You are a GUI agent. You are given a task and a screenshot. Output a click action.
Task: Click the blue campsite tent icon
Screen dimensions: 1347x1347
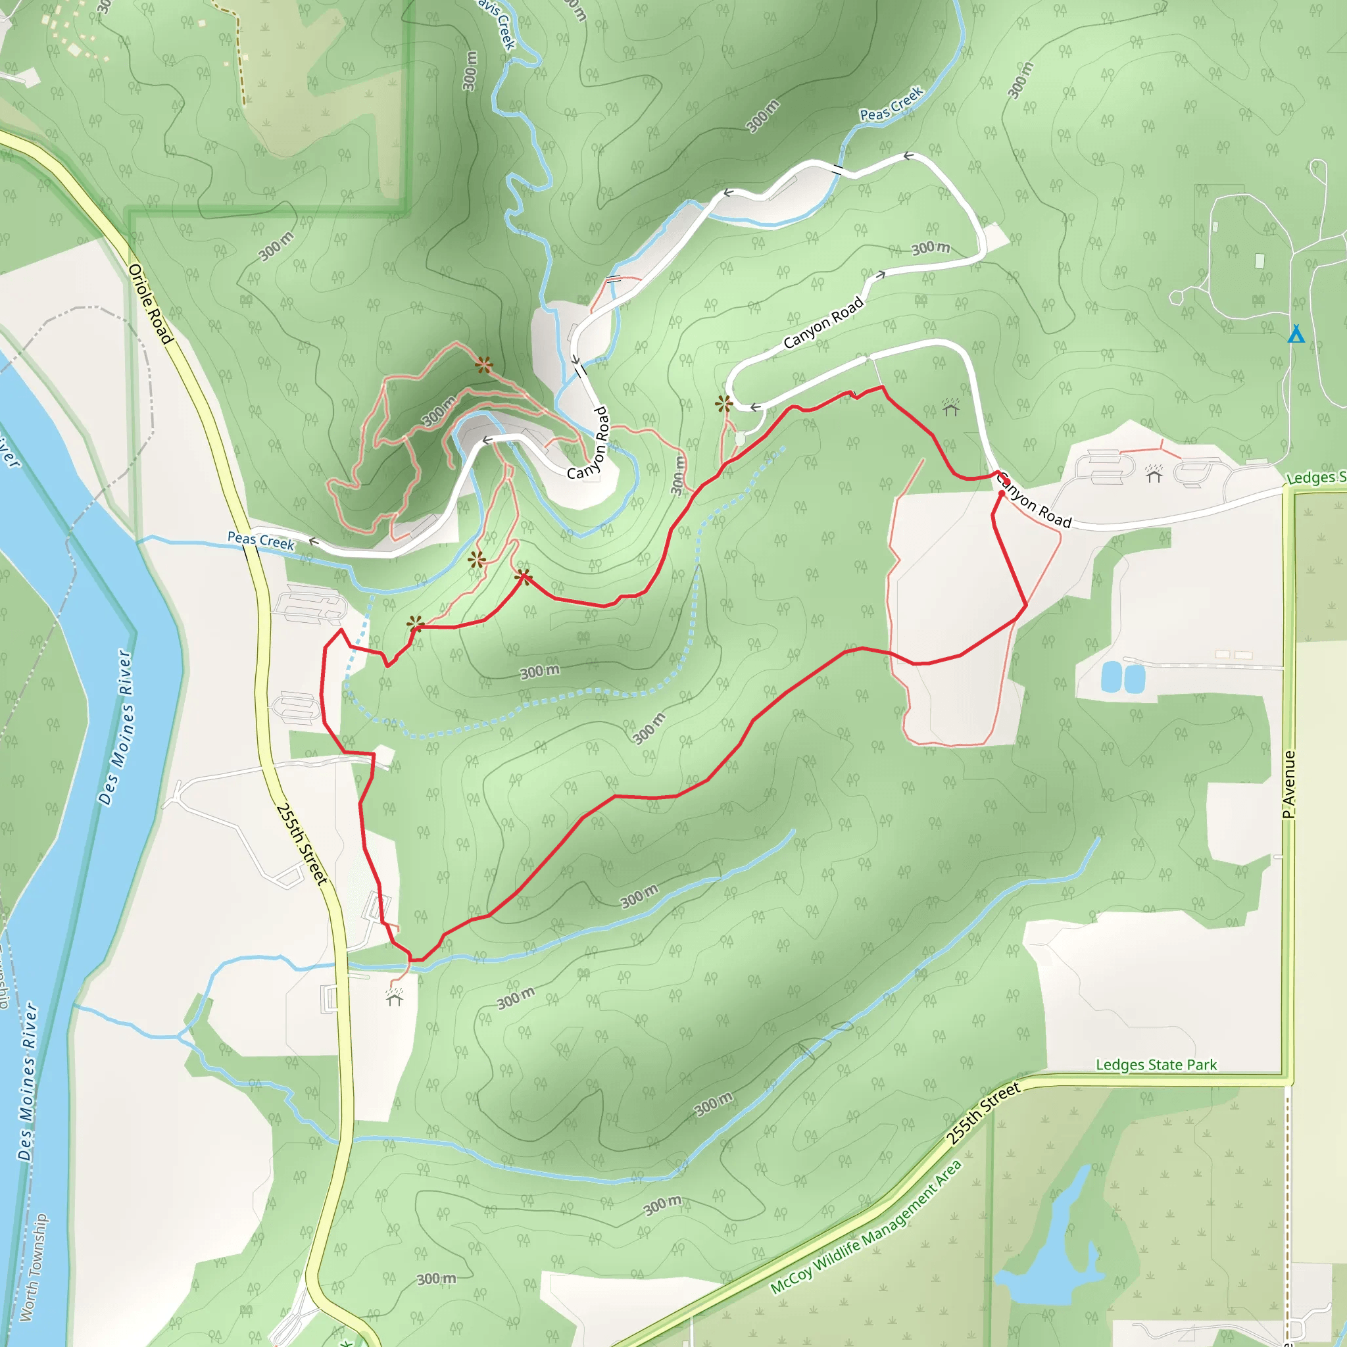[1296, 334]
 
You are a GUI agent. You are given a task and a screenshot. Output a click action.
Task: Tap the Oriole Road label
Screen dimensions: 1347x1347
[150, 303]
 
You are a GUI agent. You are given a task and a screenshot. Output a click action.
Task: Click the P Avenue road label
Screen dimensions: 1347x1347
[1289, 785]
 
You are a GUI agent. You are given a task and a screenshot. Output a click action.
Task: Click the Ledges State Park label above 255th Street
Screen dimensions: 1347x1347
[1156, 1065]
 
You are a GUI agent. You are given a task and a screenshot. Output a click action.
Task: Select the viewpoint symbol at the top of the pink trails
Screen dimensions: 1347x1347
[484, 364]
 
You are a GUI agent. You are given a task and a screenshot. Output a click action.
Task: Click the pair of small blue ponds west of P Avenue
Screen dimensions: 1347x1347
[1123, 677]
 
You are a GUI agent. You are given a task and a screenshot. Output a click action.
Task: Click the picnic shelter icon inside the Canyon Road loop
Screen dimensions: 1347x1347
[950, 407]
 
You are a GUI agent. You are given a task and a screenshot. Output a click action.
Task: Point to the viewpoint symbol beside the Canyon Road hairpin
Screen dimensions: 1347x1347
[723, 403]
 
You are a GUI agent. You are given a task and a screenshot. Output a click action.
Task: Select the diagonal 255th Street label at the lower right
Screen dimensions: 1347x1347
[983, 1114]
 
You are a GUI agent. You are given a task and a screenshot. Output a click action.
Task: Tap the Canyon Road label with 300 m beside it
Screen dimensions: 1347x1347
[823, 322]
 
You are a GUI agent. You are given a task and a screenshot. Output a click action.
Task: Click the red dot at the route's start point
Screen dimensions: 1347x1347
[1001, 493]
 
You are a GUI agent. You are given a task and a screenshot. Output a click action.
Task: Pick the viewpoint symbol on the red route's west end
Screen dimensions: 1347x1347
[415, 623]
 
